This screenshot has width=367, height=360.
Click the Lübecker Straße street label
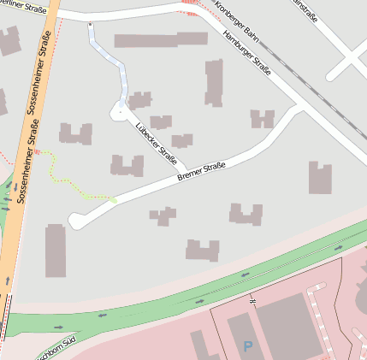157,141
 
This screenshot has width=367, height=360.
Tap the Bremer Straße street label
201,171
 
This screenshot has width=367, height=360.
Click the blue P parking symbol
248,346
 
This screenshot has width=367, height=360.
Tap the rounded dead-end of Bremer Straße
77,221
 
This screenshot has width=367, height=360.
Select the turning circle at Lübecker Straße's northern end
120,109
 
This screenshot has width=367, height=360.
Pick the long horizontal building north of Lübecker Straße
161,39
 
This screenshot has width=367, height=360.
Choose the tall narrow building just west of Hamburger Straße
213,82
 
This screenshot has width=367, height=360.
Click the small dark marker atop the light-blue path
91,25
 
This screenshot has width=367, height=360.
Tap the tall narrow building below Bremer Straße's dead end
56,251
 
